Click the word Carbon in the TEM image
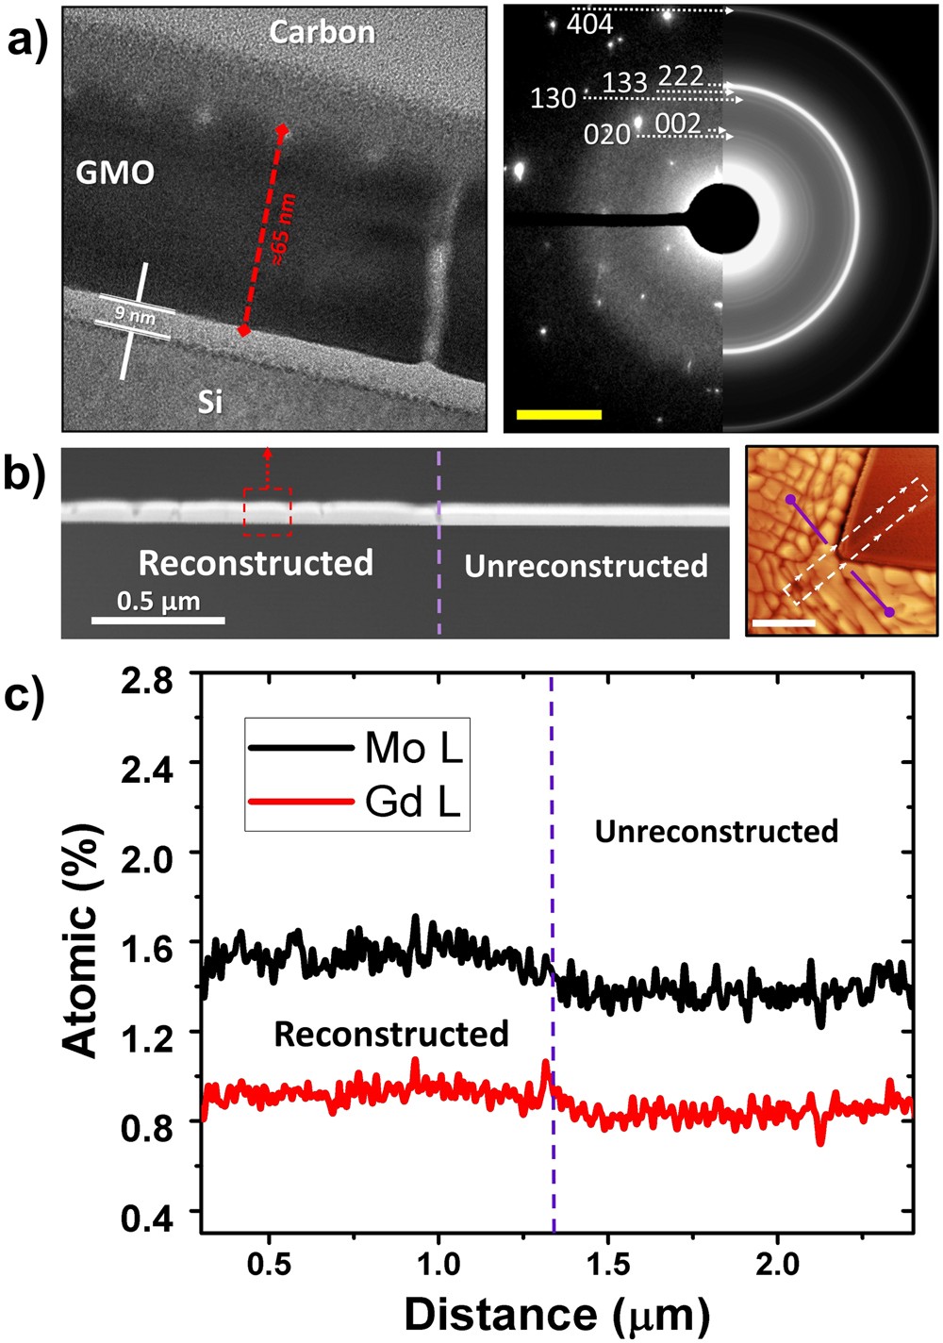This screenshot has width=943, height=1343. [322, 32]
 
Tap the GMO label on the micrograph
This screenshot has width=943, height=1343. [115, 173]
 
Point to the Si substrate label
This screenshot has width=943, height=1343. [209, 403]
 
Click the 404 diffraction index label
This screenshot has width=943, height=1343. [590, 25]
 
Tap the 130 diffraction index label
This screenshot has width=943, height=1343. [553, 98]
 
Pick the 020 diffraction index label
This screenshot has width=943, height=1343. [606, 136]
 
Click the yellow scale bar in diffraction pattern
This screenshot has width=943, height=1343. [558, 414]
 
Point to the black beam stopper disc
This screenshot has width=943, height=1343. [723, 219]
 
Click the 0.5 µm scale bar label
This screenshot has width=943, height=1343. [158, 601]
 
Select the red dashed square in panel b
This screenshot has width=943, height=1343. [267, 511]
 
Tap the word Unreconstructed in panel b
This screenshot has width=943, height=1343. [586, 566]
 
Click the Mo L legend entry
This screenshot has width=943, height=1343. [413, 748]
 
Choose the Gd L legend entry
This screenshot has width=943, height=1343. [413, 803]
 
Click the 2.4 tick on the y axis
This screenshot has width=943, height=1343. [149, 762]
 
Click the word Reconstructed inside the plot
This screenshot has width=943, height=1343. [391, 1035]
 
